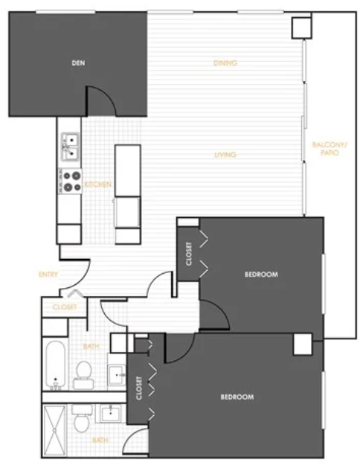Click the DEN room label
[78, 63]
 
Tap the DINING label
[225, 63]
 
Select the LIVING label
[225, 155]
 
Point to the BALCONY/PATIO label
[330, 149]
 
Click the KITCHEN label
[98, 185]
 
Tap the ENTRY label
[48, 275]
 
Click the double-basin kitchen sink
[71, 147]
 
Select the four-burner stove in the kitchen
[71, 181]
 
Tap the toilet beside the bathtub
[83, 375]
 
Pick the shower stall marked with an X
[54, 430]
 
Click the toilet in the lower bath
[81, 418]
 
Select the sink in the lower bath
[111, 414]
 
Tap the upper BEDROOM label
[261, 275]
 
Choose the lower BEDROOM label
[237, 397]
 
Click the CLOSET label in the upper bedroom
[189, 254]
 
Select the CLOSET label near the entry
[65, 307]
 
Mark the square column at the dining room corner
[301, 28]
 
